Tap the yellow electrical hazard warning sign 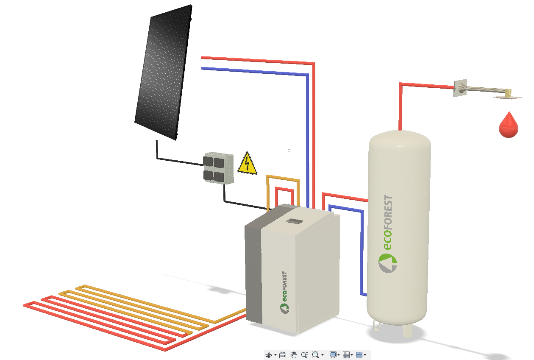tap(248, 164)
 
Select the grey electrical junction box tap(218, 168)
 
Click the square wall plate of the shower tap(459, 88)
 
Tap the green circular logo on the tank tap(387, 263)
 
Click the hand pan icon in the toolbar tap(294, 355)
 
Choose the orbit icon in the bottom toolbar tap(268, 355)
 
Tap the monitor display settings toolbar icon tap(333, 355)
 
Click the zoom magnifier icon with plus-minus tap(304, 355)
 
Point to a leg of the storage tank tap(407, 330)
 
